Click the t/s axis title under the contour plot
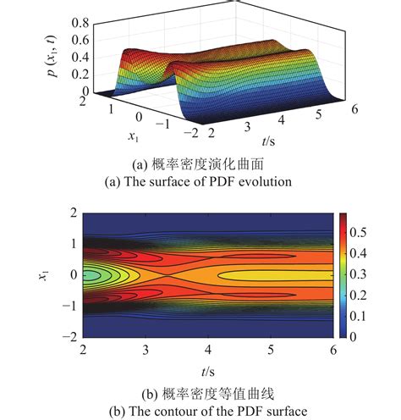click(x=208, y=371)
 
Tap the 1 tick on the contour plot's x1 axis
click(x=74, y=242)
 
